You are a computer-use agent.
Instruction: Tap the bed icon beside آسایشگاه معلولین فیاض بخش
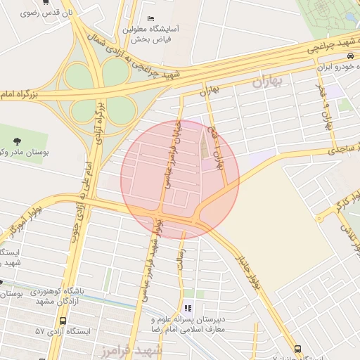(151, 18)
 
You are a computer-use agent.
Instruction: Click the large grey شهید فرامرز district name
(137, 349)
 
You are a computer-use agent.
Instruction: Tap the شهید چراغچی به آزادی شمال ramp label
(140, 59)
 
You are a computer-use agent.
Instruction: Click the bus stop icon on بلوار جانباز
(298, 348)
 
